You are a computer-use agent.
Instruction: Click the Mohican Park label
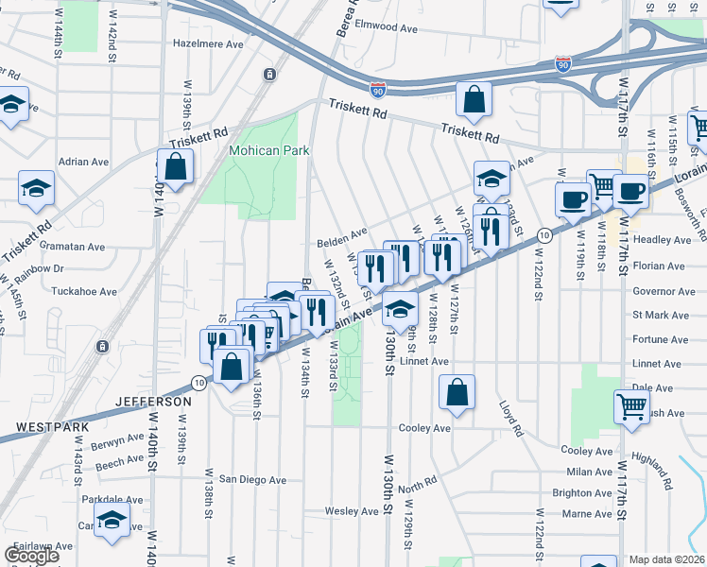pyautogui.click(x=270, y=151)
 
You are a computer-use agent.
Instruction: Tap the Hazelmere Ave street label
pyautogui.click(x=209, y=43)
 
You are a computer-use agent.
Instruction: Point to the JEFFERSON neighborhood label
pyautogui.click(x=152, y=402)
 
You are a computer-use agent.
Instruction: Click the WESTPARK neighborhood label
pyautogui.click(x=53, y=427)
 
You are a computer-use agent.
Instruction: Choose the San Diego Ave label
pyautogui.click(x=252, y=480)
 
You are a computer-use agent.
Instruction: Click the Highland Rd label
pyautogui.click(x=654, y=470)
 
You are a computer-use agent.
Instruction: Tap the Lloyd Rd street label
pyautogui.click(x=511, y=418)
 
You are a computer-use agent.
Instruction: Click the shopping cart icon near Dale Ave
pyautogui.click(x=632, y=407)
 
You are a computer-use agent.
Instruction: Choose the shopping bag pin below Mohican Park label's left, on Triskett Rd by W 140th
pyautogui.click(x=176, y=167)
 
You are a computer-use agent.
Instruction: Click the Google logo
pyautogui.click(x=32, y=556)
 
